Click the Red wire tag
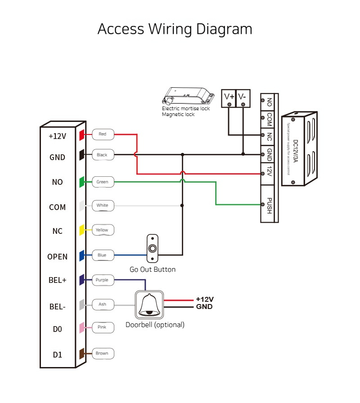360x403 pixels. (x=103, y=134)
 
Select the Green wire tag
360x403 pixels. (x=103, y=182)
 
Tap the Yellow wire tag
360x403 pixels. (x=103, y=230)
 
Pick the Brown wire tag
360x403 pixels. (x=103, y=354)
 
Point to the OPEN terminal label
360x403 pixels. (x=57, y=257)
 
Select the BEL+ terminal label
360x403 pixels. (x=57, y=280)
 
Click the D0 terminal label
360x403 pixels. (x=57, y=329)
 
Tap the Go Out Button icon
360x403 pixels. (x=153, y=248)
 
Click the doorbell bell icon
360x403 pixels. (x=149, y=305)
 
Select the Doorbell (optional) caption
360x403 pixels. (x=155, y=325)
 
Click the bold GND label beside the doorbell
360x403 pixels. (x=204, y=307)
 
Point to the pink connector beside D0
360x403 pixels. (x=82, y=327)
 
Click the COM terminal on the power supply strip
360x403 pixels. (x=269, y=119)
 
